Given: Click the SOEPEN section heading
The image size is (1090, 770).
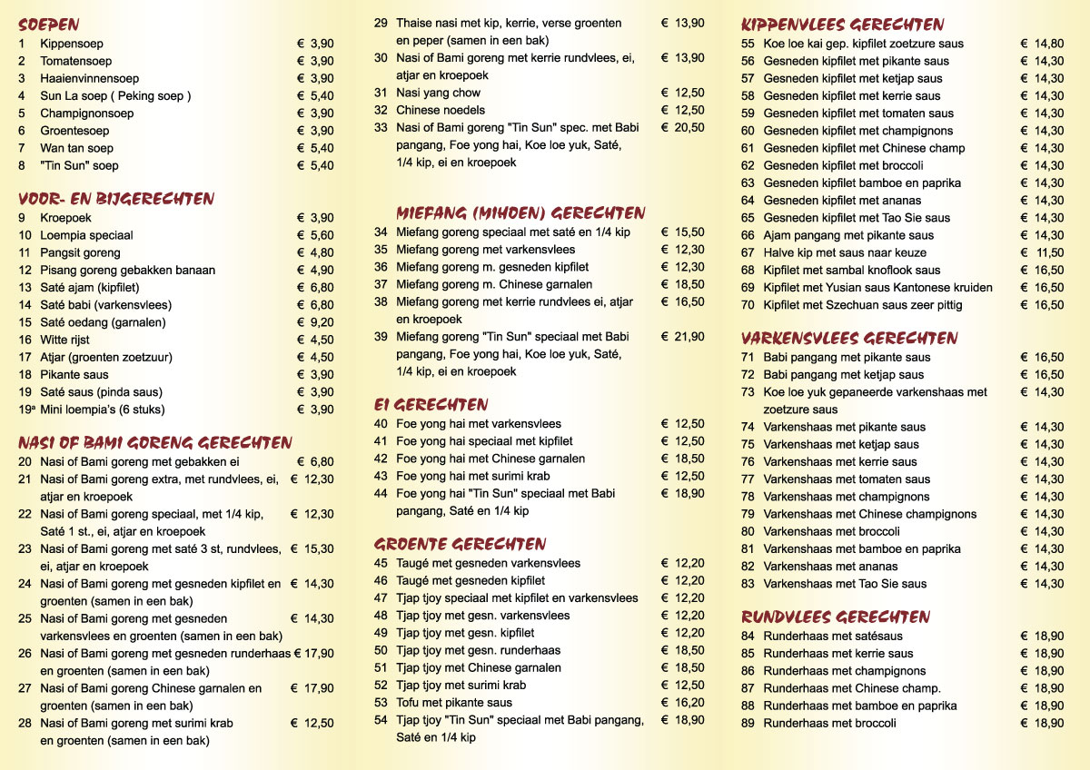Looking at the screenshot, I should (x=49, y=25).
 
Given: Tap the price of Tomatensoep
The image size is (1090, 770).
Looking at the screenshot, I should (x=315, y=61).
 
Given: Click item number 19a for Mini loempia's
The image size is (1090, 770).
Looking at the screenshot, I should (x=25, y=410).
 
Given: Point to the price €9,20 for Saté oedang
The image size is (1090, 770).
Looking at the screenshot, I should (x=315, y=322).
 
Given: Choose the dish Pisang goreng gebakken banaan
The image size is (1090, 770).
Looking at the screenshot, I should (x=128, y=270).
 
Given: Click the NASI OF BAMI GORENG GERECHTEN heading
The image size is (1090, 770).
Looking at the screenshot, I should (x=154, y=443).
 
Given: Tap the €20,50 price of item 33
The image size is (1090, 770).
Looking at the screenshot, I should (x=683, y=128).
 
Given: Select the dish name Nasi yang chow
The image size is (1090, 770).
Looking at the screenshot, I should (x=439, y=93).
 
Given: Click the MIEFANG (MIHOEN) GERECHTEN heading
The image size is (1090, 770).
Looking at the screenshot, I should (x=520, y=213).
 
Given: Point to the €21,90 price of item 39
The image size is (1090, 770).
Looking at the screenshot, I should (x=683, y=337).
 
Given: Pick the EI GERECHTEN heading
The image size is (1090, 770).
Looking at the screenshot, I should (x=431, y=405).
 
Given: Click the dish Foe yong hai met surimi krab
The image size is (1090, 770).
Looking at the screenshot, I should (x=473, y=476).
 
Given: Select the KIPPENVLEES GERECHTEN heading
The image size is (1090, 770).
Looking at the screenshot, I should (x=843, y=25).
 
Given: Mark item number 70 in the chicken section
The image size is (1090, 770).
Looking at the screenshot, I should (x=748, y=305).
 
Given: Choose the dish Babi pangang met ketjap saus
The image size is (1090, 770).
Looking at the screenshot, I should (x=844, y=375).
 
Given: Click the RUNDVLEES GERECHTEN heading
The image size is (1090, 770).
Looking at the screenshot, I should (x=836, y=617).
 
